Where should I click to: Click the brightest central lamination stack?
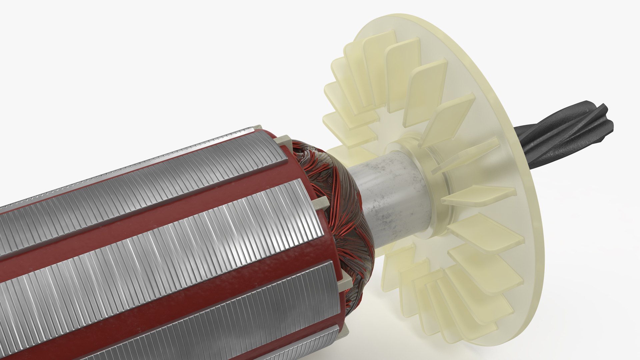click(167, 253)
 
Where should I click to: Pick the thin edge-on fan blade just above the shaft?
click(467, 157)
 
